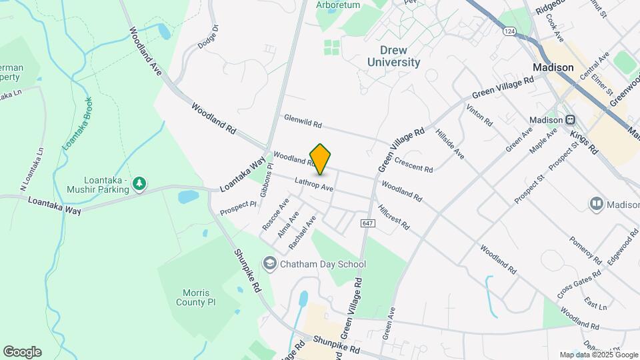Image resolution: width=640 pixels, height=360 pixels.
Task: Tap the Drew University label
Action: [394, 56]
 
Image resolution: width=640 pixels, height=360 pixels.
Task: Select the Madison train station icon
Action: [571, 120]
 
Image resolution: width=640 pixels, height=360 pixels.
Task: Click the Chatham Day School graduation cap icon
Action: [270, 264]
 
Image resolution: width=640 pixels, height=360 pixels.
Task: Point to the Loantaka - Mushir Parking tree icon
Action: [139, 183]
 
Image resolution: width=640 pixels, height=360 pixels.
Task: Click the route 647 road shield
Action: [369, 222]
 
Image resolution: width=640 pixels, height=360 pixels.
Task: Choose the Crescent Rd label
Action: [413, 164]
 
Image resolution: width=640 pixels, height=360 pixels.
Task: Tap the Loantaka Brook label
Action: [77, 123]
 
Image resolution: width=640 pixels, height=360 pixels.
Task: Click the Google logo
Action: [22, 352]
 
